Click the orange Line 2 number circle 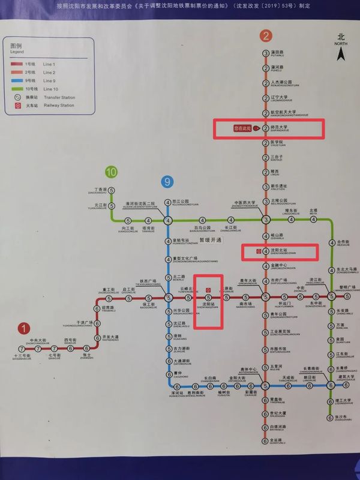pyautogui.click(x=266, y=35)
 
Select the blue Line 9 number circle pyautogui.click(x=168, y=181)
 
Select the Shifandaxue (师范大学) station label pyautogui.click(x=280, y=128)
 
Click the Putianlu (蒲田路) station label pyautogui.click(x=277, y=53)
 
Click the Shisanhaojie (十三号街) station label pyautogui.click(x=21, y=356)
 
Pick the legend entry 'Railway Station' pyautogui.click(x=58, y=105)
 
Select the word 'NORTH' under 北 pyautogui.click(x=341, y=44)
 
